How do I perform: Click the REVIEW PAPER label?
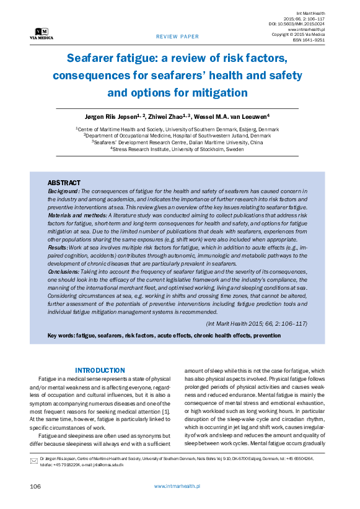(177, 37)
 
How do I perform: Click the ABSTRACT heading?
(64, 183)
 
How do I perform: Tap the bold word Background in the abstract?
(64, 191)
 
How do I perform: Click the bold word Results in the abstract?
(59, 247)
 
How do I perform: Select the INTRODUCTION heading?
(100, 370)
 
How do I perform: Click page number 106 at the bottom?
(35, 487)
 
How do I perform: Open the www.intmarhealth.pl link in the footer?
(177, 487)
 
